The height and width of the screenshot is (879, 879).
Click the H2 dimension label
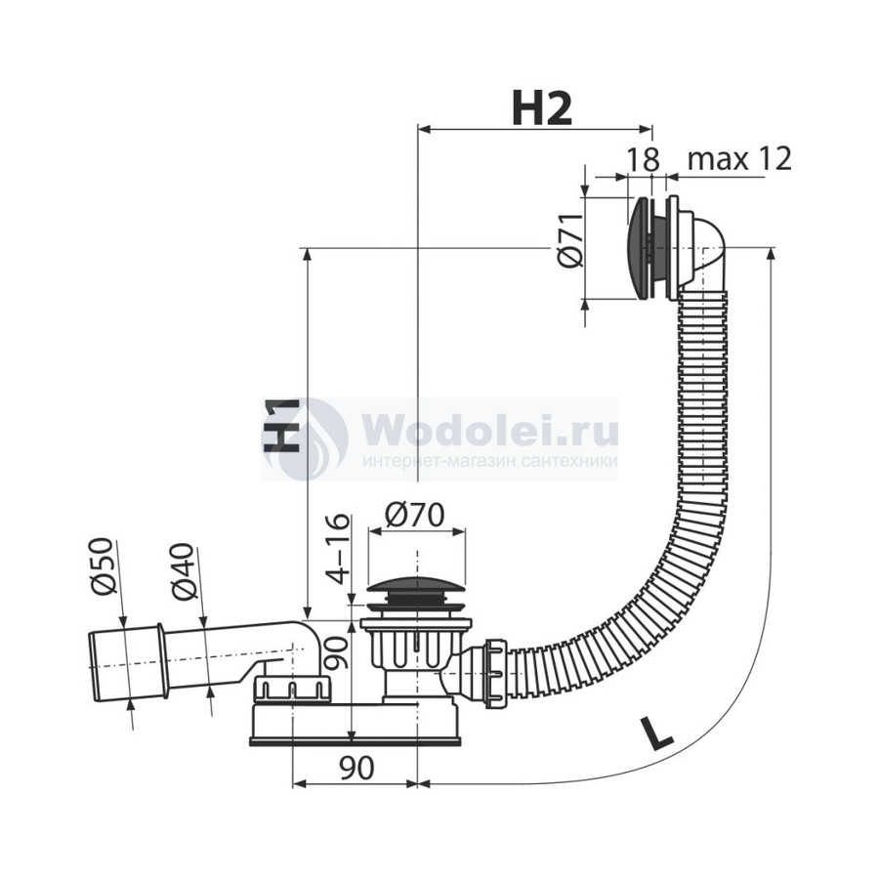542,108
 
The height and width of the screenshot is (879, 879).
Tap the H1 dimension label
282,426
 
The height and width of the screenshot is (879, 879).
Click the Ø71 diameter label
570,240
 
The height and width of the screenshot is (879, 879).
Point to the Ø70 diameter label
415,514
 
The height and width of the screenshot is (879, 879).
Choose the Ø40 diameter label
185,571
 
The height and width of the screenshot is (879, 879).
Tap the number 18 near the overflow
643,160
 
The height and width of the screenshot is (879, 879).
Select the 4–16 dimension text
338,549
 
